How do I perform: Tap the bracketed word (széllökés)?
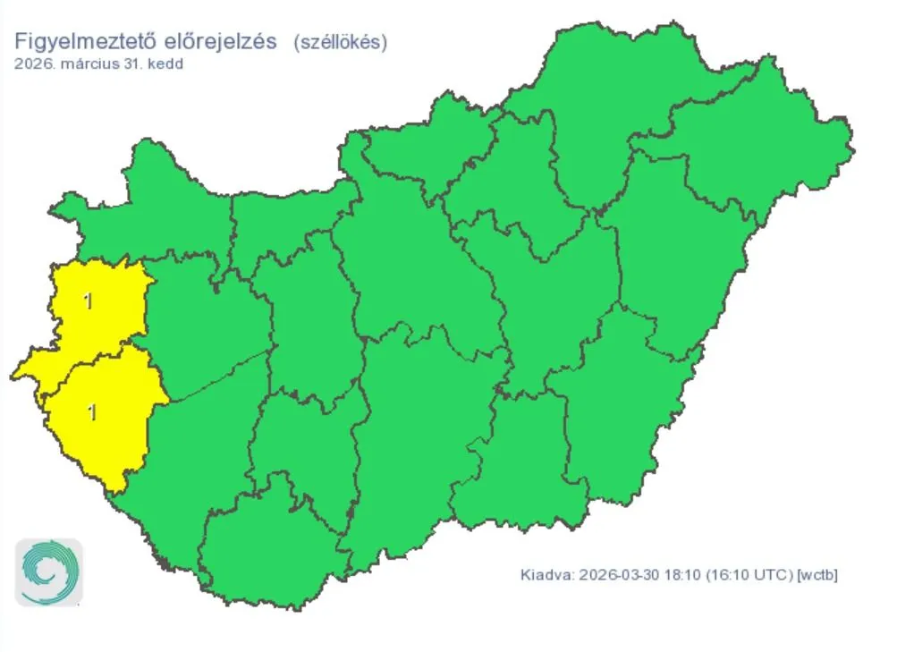[x=340, y=42]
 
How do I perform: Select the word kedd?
[x=165, y=64]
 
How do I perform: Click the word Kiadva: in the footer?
[x=546, y=573]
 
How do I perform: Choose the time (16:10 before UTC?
[x=727, y=573]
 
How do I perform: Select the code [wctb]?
[x=818, y=573]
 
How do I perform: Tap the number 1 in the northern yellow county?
[x=88, y=301]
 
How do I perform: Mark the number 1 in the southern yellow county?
[x=91, y=412]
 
